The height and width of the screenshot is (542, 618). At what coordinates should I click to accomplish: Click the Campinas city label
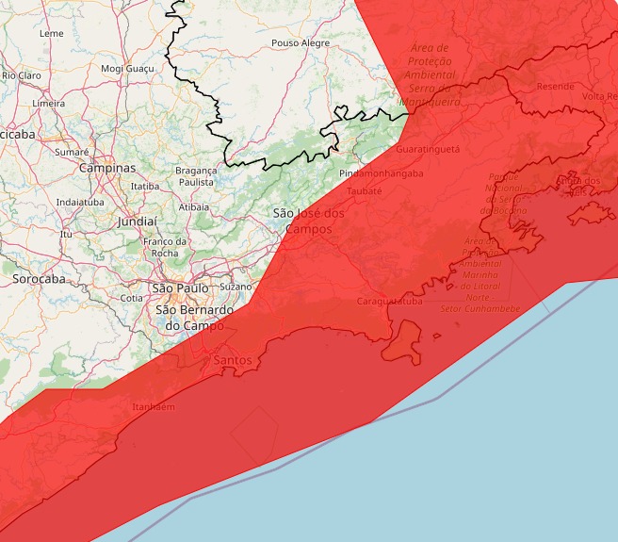pos(107,168)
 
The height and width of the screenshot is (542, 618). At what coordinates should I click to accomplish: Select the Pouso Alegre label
pos(301,43)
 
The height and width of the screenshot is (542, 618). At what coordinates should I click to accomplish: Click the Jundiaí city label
pos(138,222)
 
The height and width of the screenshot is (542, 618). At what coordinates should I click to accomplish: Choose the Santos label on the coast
pos(233,360)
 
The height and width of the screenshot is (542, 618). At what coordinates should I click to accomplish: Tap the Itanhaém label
pos(154,406)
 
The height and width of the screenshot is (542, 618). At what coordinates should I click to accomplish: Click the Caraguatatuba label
pos(390,302)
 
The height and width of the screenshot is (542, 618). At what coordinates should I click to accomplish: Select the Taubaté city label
pos(365,190)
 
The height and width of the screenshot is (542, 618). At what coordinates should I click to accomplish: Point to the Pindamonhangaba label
pos(382,173)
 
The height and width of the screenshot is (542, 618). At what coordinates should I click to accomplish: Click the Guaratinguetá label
pos(428,149)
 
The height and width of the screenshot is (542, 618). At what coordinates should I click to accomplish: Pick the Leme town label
pos(52,33)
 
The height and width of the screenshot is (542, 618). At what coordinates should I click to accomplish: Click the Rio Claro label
pos(21,74)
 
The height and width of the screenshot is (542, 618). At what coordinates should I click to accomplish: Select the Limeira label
pos(48,103)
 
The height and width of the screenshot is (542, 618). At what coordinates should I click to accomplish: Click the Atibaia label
pos(194,205)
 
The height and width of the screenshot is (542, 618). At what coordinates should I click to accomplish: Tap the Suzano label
pos(236,286)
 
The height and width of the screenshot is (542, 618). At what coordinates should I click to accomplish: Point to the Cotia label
pos(132,298)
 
